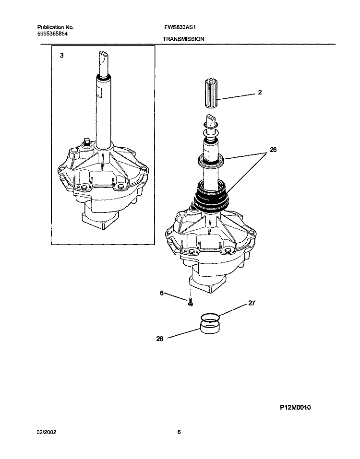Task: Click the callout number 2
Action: (x=260, y=92)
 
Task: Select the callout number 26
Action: (x=273, y=150)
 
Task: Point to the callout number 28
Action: (x=160, y=339)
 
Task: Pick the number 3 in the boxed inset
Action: (x=61, y=56)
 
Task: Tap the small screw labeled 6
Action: (x=190, y=302)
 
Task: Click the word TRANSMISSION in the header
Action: (x=184, y=38)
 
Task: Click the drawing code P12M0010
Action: (x=295, y=407)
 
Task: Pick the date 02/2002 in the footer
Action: (x=47, y=432)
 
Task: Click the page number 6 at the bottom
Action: (x=179, y=432)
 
